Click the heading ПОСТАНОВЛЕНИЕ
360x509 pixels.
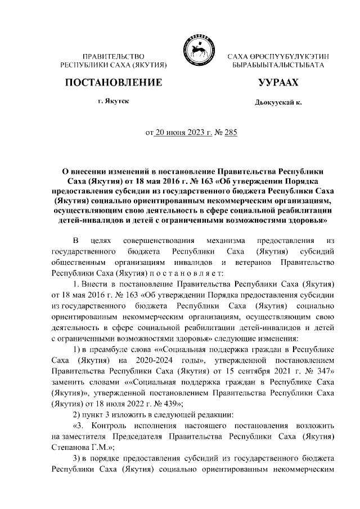(114, 83)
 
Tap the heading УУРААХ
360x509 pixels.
(278, 83)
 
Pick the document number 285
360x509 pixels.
(231, 133)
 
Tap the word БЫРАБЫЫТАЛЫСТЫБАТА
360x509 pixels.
(278, 66)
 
